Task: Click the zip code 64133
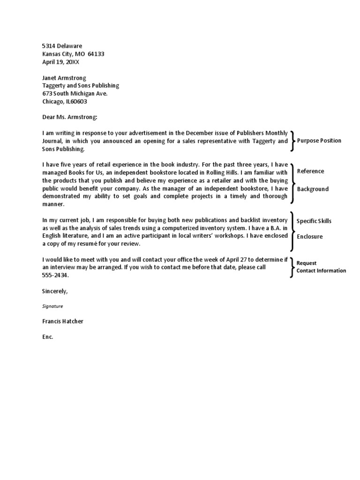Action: tap(96, 54)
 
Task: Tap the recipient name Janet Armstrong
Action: tap(64, 78)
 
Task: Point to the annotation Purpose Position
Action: tap(319, 141)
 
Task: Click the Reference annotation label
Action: tap(310, 171)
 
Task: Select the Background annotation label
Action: tap(313, 189)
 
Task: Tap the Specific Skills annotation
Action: tap(314, 221)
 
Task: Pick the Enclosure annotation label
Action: tap(310, 237)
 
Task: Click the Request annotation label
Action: tap(307, 263)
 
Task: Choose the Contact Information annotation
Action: tap(322, 271)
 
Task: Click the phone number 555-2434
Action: tap(55, 275)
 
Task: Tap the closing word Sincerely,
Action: tap(55, 291)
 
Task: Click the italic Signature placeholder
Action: tap(52, 306)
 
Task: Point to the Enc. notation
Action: tap(48, 337)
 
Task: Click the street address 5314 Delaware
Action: tap(62, 46)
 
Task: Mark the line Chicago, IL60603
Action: tap(65, 101)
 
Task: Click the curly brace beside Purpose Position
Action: tap(292, 141)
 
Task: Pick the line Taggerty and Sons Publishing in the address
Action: tap(81, 86)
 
